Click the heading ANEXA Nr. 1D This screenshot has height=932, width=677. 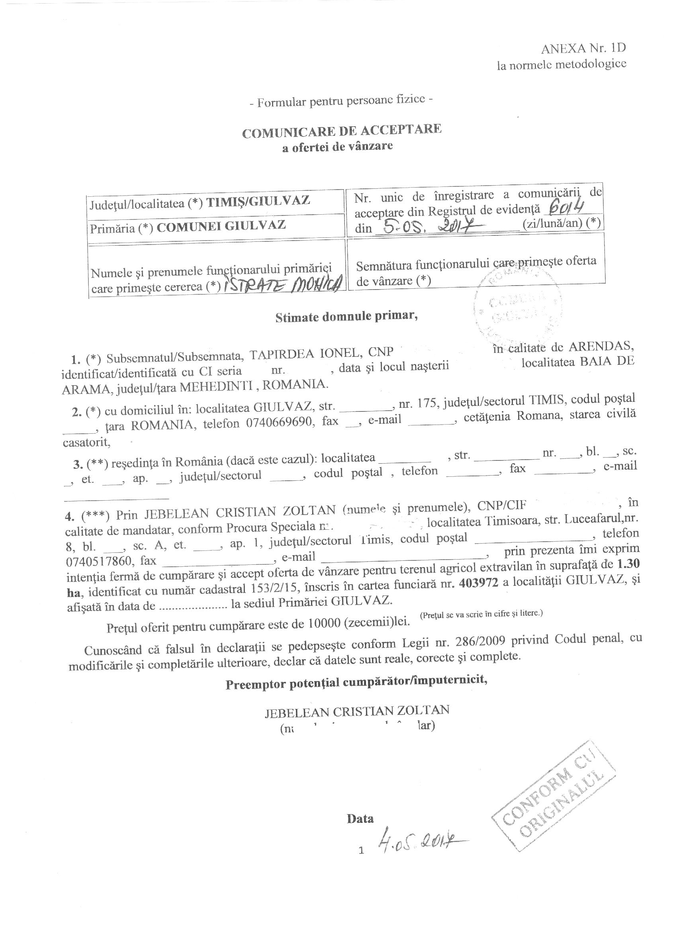click(x=583, y=49)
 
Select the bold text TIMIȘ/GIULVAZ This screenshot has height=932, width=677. click(x=258, y=202)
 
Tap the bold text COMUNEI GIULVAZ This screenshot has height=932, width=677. click(x=221, y=225)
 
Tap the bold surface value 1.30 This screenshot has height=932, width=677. click(x=628, y=564)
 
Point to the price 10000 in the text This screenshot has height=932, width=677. click(x=323, y=623)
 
